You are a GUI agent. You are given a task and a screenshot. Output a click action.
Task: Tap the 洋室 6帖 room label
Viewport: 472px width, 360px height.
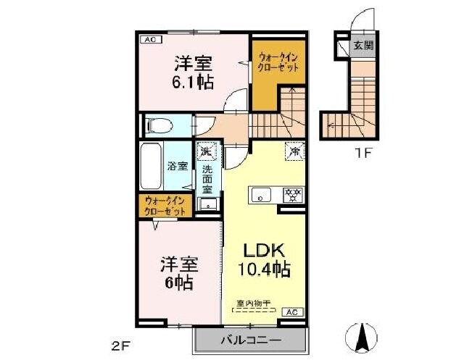pyautogui.click(x=177, y=273)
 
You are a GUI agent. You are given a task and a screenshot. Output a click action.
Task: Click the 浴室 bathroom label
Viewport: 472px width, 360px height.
pyautogui.click(x=178, y=165)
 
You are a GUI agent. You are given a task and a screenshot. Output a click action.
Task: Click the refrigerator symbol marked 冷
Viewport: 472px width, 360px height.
pyautogui.click(x=294, y=152)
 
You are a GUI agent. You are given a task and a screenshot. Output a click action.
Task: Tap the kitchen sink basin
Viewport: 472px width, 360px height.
pyautogui.click(x=262, y=194)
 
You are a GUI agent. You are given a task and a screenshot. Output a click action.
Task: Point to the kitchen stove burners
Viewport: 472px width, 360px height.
pyautogui.click(x=293, y=194)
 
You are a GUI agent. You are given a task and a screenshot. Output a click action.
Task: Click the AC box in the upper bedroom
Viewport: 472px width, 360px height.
pyautogui.click(x=147, y=40)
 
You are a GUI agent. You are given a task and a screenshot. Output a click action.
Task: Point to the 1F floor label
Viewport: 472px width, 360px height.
pyautogui.click(x=363, y=153)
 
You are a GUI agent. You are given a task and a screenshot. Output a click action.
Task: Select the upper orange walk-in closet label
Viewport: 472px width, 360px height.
pyautogui.click(x=279, y=61)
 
